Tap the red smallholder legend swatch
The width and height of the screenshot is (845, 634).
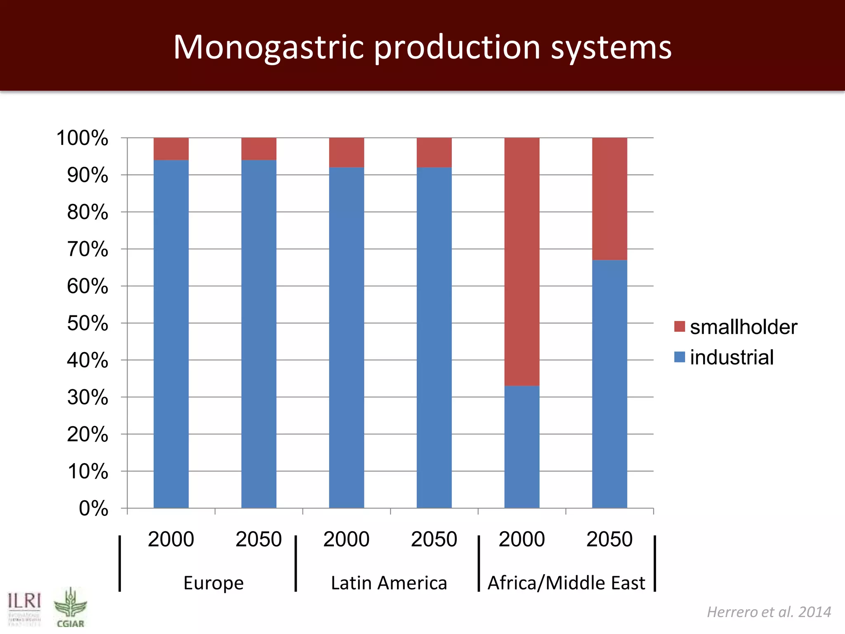pyautogui.click(x=679, y=326)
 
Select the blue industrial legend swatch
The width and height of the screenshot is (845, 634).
pyautogui.click(x=679, y=357)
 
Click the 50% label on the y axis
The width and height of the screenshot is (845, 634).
pyautogui.click(x=87, y=323)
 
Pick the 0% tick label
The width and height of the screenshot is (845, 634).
pyautogui.click(x=93, y=509)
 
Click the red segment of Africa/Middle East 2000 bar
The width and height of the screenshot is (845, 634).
pyautogui.click(x=522, y=262)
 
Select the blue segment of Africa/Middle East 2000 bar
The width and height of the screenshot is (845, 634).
pyautogui.click(x=522, y=447)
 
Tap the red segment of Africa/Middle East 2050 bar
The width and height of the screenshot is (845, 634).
pyautogui.click(x=609, y=199)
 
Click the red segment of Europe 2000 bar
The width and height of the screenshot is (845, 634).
pyautogui.click(x=171, y=149)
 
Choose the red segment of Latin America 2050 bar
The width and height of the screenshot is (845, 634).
pyautogui.click(x=434, y=153)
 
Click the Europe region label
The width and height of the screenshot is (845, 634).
pyautogui.click(x=213, y=583)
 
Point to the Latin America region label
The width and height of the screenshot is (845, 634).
pyautogui.click(x=389, y=583)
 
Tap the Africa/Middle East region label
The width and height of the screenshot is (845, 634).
pyautogui.click(x=566, y=583)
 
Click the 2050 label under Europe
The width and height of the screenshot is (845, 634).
pyautogui.click(x=259, y=539)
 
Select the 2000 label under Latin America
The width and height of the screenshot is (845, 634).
pyautogui.click(x=346, y=539)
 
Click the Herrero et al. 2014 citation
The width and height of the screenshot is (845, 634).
pyautogui.click(x=769, y=612)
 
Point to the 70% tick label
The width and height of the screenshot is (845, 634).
pyautogui.click(x=87, y=249)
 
